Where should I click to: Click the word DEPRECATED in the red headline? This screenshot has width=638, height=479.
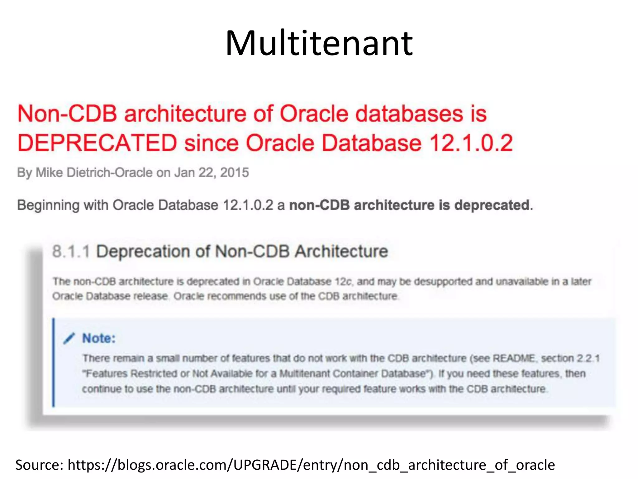(97, 143)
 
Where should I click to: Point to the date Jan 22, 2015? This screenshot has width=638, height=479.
(212, 172)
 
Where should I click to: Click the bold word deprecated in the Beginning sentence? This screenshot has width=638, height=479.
(492, 205)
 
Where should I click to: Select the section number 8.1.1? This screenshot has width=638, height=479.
(71, 251)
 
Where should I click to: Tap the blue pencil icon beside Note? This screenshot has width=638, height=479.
(69, 338)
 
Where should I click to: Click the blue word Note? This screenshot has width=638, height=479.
(99, 338)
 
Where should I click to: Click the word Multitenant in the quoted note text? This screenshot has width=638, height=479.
(304, 374)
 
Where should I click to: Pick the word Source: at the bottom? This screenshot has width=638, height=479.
(39, 465)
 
